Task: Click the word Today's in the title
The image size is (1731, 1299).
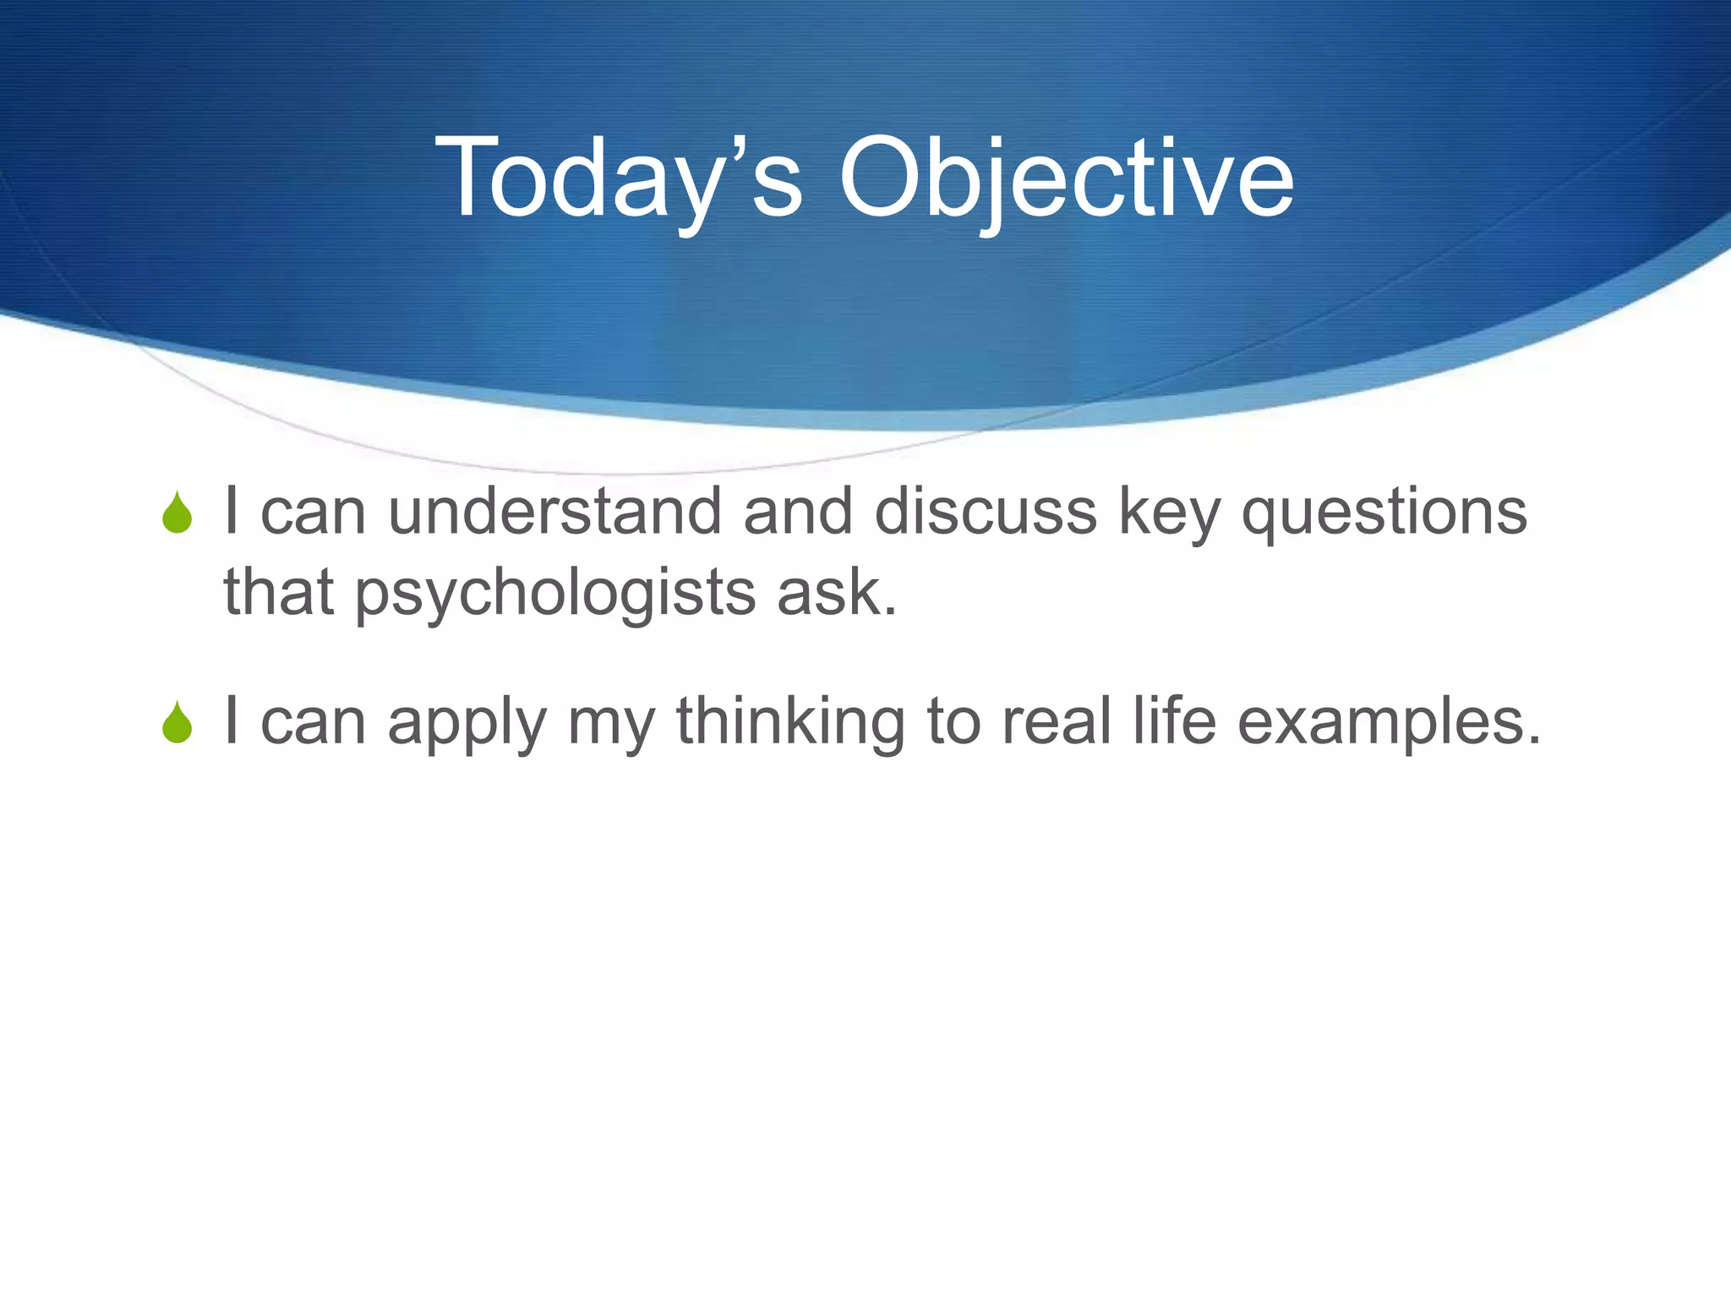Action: [x=617, y=179]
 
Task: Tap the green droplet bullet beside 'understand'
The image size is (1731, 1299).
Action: [x=177, y=512]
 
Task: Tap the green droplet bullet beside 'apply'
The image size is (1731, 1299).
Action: [x=177, y=722]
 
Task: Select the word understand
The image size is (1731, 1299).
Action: [x=554, y=512]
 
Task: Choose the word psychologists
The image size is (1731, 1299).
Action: [x=554, y=594]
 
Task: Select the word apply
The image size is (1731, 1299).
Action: [x=467, y=724]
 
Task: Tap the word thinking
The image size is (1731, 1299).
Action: [x=790, y=722]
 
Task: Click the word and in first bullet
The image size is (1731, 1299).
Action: [x=797, y=512]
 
